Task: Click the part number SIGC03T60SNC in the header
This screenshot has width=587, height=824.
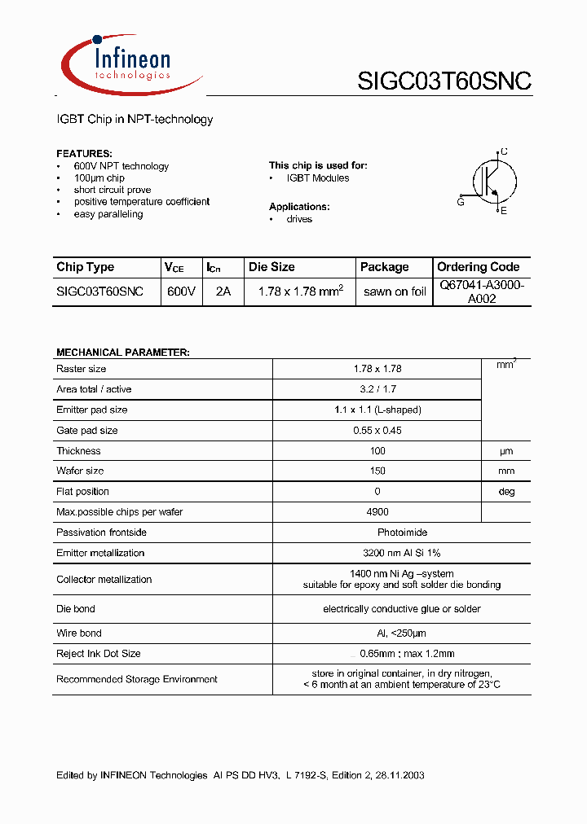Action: tap(444, 81)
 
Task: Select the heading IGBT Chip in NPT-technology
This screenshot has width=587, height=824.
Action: tap(135, 120)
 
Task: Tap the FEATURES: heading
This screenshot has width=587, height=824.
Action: tap(84, 154)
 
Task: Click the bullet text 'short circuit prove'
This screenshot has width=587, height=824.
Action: tap(113, 190)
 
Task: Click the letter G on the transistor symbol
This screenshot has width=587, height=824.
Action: tap(461, 202)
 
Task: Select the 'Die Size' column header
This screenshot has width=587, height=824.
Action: tap(271, 267)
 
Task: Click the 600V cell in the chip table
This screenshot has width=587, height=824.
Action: tap(181, 291)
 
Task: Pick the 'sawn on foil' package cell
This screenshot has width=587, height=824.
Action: tap(395, 291)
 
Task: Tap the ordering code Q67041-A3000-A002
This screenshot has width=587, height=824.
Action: tap(482, 291)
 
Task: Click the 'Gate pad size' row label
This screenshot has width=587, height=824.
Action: tap(87, 431)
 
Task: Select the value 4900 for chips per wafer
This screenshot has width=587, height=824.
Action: tap(377, 512)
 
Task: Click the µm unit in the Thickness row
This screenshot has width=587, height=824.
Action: tap(506, 451)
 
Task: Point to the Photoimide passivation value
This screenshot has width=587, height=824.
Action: tap(401, 533)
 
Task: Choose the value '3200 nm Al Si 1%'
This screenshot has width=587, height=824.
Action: tap(401, 553)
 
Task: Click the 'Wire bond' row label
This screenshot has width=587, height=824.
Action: tap(79, 633)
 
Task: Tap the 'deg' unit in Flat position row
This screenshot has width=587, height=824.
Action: tap(506, 492)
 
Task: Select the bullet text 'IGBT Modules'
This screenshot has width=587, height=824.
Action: tap(318, 178)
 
